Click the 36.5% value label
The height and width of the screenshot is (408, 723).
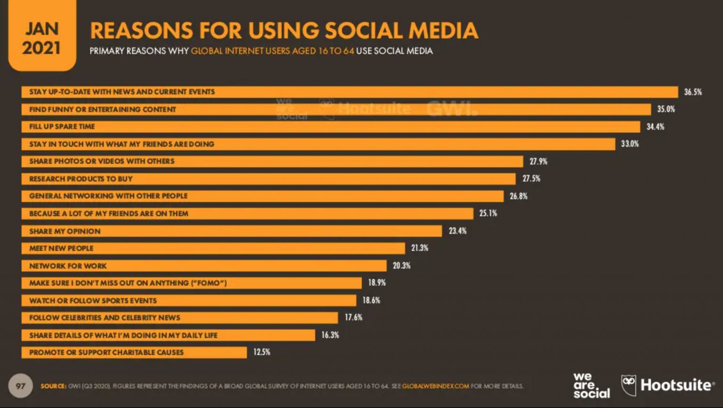point(692,92)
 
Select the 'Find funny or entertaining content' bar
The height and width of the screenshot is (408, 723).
point(336,110)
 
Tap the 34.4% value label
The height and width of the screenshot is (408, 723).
point(655,127)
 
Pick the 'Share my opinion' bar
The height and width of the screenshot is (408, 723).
point(232,231)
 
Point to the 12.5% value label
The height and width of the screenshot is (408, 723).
point(262,352)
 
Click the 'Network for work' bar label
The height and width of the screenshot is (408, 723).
point(68,266)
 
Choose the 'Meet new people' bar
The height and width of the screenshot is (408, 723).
point(213,248)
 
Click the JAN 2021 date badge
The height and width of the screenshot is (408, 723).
point(42,38)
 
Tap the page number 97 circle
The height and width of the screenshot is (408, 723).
point(20,386)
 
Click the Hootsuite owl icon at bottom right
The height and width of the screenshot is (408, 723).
point(628,385)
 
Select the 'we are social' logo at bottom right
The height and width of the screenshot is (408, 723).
point(591,385)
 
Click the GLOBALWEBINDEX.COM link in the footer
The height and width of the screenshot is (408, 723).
point(435,386)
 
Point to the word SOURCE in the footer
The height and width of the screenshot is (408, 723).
point(53,386)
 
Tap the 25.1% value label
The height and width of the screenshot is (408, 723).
point(488,213)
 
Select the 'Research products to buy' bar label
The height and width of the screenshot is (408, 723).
point(81,179)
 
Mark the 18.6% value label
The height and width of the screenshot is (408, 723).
point(371,300)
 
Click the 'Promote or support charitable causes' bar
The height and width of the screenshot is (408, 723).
point(134,352)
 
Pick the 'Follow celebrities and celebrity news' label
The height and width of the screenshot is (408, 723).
point(104,318)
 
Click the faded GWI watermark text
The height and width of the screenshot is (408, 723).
point(451,109)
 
